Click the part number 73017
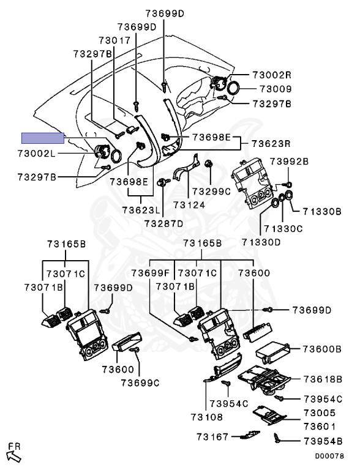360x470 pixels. point(115,40)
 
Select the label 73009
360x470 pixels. point(276,89)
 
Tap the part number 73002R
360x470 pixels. point(272,75)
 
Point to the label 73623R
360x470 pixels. point(271,143)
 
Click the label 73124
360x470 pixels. point(189,205)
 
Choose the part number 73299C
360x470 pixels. point(211,191)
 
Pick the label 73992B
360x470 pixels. point(289,162)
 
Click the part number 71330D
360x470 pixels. point(261,242)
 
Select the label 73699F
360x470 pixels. point(151,273)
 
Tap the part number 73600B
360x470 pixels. point(322,349)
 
